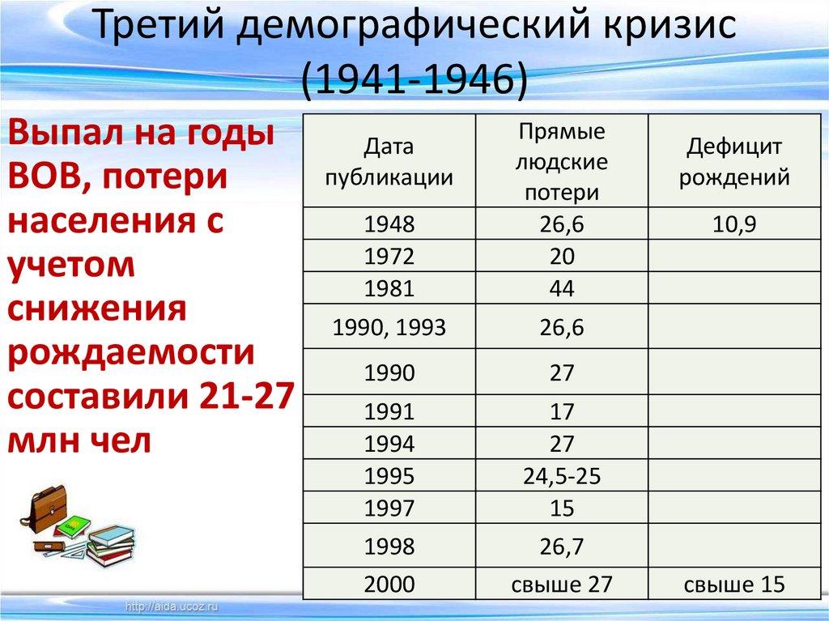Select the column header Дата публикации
[389, 162]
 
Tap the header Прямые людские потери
[562, 162]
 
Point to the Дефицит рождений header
[733, 162]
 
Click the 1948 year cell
[389, 225]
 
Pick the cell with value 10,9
[733, 225]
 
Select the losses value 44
[562, 288]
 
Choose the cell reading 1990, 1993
[389, 328]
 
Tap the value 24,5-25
[562, 476]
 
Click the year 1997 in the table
[389, 508]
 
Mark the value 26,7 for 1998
[562, 547]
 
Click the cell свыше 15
[733, 585]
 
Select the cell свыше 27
[562, 585]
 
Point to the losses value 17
[562, 412]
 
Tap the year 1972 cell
[389, 257]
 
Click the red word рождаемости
[131, 355]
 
